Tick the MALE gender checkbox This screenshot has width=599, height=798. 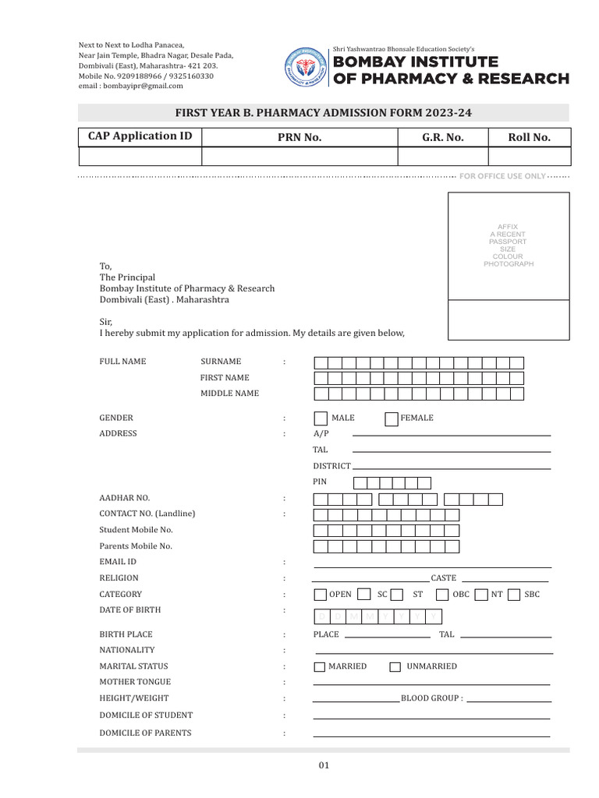pos(320,418)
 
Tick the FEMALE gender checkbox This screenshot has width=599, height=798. pos(392,418)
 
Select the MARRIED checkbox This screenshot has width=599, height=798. pos(320,667)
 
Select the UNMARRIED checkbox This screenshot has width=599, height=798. pos(395,667)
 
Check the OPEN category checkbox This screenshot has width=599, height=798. pos(320,595)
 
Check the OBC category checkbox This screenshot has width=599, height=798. pos(442,595)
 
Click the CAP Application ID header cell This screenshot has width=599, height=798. pos(140,136)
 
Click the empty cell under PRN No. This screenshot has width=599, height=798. pos(299,156)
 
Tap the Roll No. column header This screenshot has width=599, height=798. pos(529,137)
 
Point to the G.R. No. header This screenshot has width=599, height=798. pos(442,137)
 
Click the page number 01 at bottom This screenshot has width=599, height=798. pos(324,765)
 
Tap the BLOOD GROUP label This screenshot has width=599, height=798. pos(431,699)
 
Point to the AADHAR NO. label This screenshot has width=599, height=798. pos(124,498)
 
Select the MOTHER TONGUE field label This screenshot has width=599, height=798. pos(134,682)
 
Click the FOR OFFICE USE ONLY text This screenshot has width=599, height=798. pos(502,176)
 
